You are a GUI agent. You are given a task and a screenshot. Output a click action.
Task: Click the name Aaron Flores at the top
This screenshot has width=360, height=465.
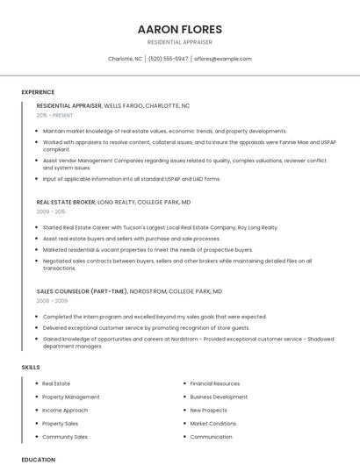pyautogui.click(x=179, y=29)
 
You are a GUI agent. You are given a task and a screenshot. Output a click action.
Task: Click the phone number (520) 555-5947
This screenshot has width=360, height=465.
pyautogui.click(x=168, y=59)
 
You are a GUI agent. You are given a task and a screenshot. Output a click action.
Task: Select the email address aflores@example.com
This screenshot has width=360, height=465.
pyautogui.click(x=223, y=59)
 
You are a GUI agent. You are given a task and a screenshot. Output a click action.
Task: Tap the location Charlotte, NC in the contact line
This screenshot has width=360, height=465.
pyautogui.click(x=125, y=59)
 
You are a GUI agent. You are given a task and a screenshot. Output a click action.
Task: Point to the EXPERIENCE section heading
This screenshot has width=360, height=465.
pyautogui.click(x=38, y=92)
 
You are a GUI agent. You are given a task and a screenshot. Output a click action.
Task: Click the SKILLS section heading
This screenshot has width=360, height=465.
pyautogui.click(x=31, y=367)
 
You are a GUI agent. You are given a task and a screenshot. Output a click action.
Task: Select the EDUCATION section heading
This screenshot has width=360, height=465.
pyautogui.click(x=38, y=459)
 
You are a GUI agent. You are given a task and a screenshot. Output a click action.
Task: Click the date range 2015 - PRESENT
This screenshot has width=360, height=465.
pyautogui.click(x=55, y=115)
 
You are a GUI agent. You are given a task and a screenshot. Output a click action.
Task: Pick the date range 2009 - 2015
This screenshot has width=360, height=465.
pyautogui.click(x=51, y=211)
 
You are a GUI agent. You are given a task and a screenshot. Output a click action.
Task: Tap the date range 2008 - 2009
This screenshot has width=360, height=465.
pyautogui.click(x=52, y=301)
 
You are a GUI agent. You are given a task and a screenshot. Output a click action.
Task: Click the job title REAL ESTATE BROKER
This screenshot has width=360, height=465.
pyautogui.click(x=66, y=202)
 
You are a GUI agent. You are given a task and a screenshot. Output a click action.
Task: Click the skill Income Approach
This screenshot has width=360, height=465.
pyautogui.click(x=65, y=410)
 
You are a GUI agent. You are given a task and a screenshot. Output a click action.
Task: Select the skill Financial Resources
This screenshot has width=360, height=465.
pyautogui.click(x=214, y=383)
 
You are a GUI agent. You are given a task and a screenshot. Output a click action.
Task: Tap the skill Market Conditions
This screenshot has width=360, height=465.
pyautogui.click(x=212, y=423)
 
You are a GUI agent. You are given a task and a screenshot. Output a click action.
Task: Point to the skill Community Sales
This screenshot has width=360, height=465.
pyautogui.click(x=65, y=436)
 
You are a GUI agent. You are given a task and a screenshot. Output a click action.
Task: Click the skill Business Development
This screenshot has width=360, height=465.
pyautogui.click(x=219, y=397)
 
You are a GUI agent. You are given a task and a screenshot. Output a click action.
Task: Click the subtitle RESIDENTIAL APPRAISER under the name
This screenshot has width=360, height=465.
pyautogui.click(x=179, y=42)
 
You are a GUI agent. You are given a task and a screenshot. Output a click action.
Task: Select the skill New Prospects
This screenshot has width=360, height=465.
pyautogui.click(x=208, y=410)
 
